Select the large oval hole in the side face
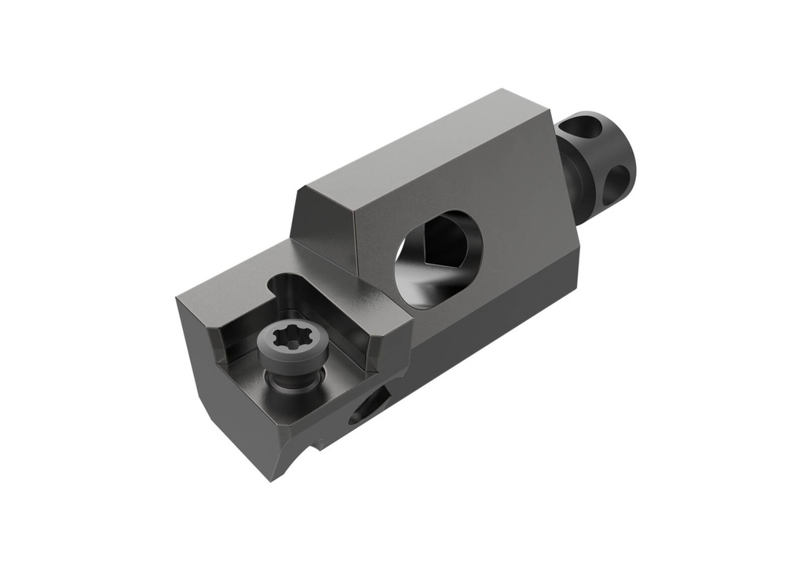pos(437,259)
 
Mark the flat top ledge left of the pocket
pos(228,283)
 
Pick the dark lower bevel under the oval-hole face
pos(502,314)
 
